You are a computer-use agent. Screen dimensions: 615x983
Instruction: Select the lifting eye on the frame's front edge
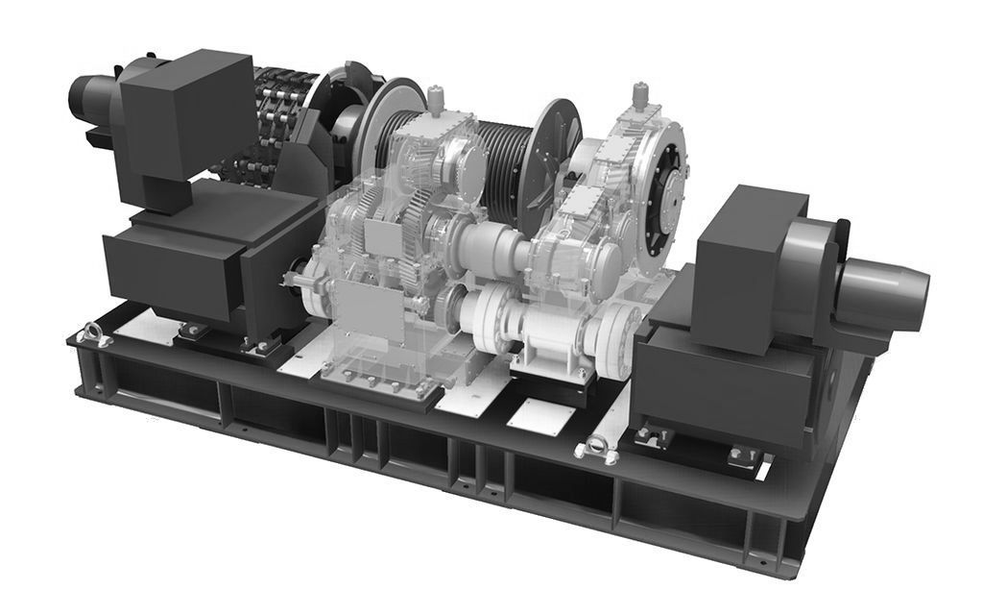click(x=592, y=448)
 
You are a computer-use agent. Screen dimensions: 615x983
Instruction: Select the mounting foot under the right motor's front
click(x=653, y=437)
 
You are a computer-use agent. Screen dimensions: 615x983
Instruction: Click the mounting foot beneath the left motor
click(x=192, y=330)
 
